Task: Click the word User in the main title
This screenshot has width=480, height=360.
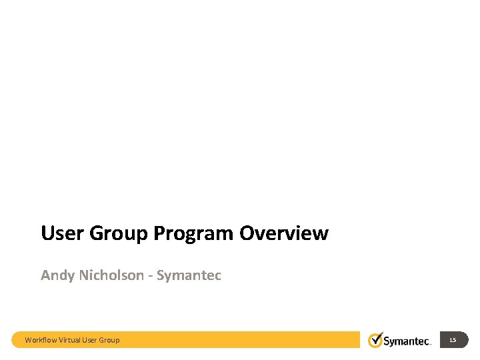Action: point(62,233)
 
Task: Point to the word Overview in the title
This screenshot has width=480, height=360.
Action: point(283,233)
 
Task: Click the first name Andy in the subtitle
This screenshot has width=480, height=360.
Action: point(55,275)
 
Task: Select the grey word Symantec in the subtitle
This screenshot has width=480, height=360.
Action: point(189,275)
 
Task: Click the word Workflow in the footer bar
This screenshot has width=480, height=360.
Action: point(41,340)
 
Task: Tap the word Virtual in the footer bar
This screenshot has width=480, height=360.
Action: point(70,340)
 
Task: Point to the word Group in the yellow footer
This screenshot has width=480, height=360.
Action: point(110,340)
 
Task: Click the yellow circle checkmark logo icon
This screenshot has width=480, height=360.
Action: point(376,340)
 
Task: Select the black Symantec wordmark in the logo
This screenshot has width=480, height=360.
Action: point(407,341)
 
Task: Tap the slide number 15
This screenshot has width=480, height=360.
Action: point(453,340)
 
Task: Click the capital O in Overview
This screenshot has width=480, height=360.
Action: point(245,233)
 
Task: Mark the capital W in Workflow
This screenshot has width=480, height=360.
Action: point(28,340)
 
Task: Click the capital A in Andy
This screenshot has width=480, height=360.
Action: point(45,275)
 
